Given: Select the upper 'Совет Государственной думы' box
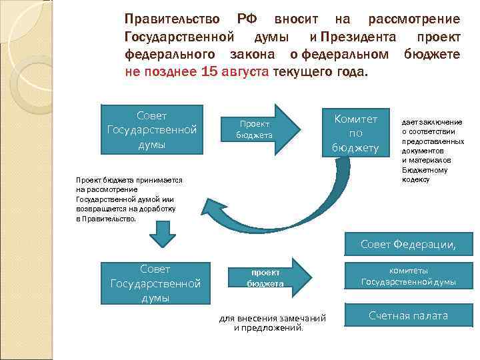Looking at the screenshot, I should [x=151, y=129].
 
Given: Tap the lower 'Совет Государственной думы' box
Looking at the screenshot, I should [x=155, y=283].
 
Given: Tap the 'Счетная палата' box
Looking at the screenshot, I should [x=408, y=315].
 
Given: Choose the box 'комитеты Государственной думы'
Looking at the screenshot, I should [x=408, y=276].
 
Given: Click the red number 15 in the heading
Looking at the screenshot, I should [x=208, y=72].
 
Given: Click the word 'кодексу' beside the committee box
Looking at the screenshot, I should [x=415, y=180].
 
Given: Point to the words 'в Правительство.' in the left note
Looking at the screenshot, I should [x=106, y=219].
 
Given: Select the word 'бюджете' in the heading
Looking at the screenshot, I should [x=431, y=54].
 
